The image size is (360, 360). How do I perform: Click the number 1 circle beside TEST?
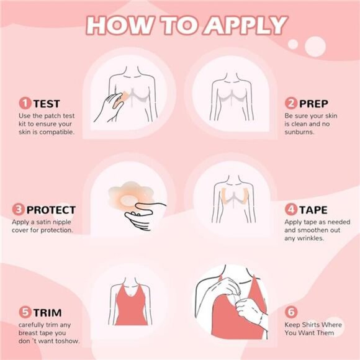[x=25, y=103]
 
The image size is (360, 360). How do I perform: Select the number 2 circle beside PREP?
[x=290, y=103]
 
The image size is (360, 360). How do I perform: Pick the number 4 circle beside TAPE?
[x=290, y=210]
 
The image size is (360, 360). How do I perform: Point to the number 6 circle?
[x=290, y=312]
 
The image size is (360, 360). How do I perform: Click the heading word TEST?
[x=47, y=104]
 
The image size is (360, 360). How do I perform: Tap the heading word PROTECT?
[x=50, y=210]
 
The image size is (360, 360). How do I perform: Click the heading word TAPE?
[x=314, y=210]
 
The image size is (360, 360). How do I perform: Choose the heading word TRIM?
[x=48, y=313]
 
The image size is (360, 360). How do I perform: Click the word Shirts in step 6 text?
[x=317, y=324]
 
